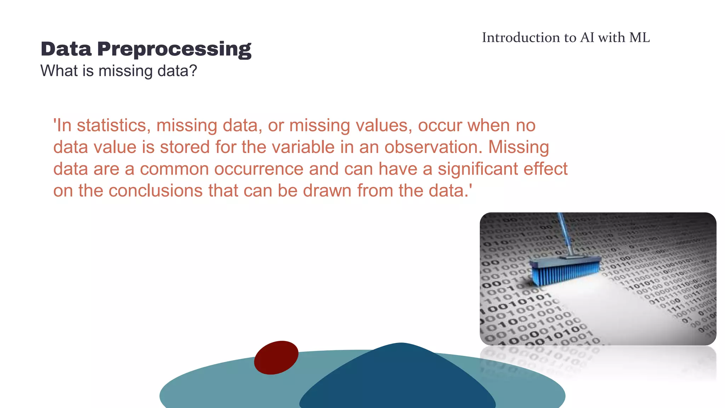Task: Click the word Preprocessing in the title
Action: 174,50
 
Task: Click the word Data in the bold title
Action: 66,49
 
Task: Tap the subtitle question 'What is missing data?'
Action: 119,71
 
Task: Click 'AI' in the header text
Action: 587,38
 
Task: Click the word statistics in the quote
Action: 114,125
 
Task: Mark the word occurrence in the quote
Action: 259,169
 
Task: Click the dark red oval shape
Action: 276,357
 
